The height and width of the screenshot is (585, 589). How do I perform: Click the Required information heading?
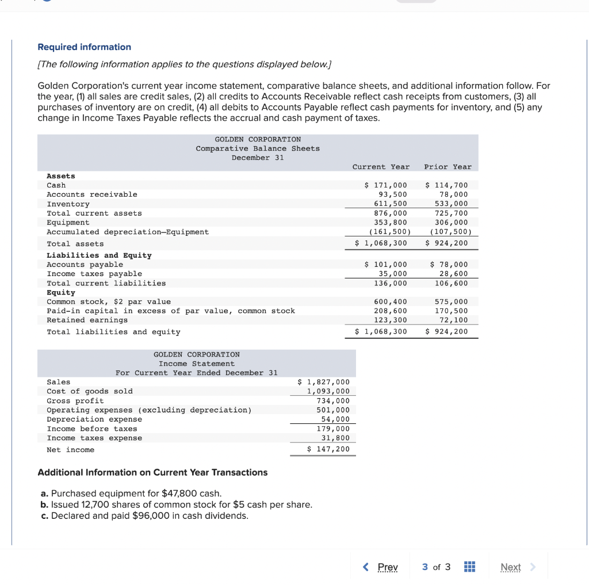pyautogui.click(x=84, y=47)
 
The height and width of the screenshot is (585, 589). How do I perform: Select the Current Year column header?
pyautogui.click(x=381, y=167)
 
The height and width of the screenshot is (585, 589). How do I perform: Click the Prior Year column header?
pyautogui.click(x=448, y=167)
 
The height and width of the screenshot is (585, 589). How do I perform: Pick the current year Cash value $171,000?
pyautogui.click(x=386, y=185)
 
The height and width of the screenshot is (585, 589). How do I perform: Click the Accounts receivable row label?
pyautogui.click(x=92, y=194)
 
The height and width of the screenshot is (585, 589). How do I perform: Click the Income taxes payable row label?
pyautogui.click(x=94, y=274)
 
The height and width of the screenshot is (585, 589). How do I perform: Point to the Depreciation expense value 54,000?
pyautogui.click(x=335, y=419)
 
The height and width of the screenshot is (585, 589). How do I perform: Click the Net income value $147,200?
pyautogui.click(x=328, y=449)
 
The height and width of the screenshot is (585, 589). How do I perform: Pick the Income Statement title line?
pyautogui.click(x=197, y=364)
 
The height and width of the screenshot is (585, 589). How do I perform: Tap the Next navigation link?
pyautogui.click(x=511, y=567)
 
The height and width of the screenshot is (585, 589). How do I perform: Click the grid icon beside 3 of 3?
pyautogui.click(x=470, y=567)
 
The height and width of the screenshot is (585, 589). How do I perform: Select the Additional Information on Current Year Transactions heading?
pyautogui.click(x=152, y=472)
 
